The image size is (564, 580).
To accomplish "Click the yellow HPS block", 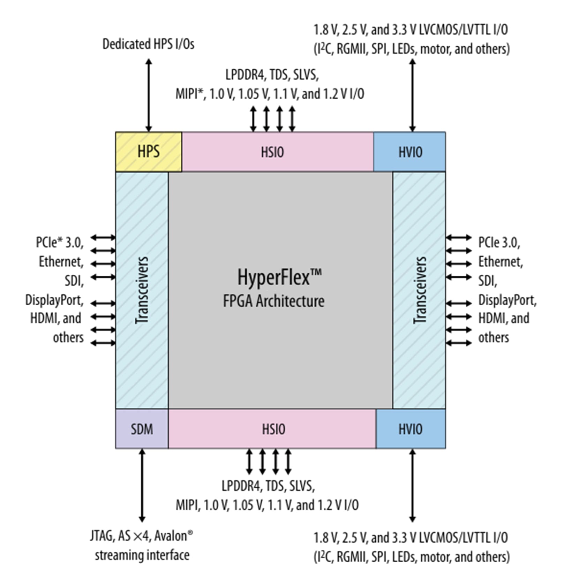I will coord(148,152).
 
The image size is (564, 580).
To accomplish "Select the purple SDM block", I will coord(142,429).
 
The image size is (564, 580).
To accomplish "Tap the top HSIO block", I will coord(272,152).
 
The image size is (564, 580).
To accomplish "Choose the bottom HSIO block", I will coord(273,429).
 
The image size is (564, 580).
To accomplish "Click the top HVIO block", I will coord(410,152).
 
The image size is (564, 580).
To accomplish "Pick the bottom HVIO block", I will coord(410,429).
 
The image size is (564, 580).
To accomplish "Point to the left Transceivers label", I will coord(142,290).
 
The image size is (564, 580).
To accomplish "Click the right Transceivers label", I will coord(420,290).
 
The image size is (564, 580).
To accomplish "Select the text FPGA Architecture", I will coord(273,301).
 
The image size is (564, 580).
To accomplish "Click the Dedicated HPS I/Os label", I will coord(148,44).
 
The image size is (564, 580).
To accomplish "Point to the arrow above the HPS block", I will coord(149,95).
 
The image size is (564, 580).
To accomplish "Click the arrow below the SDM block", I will coord(142,484).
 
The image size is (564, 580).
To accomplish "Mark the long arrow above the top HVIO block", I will coord(412,95).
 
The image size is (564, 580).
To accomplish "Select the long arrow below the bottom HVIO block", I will coord(412,484).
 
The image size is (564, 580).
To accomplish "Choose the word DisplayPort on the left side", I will coord(54,300).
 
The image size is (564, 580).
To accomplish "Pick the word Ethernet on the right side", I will coord(500,261).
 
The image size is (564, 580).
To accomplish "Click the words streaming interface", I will coord(142,555).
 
